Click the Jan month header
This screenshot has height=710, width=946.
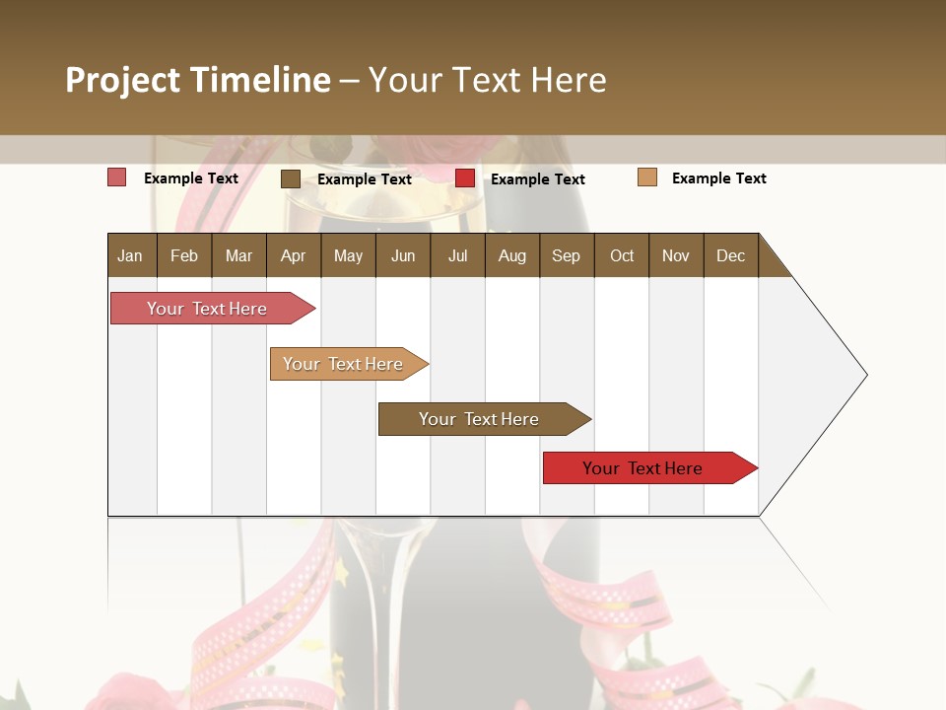coord(130,255)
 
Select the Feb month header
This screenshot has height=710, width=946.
coord(184,255)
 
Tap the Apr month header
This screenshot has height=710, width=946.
coord(293,255)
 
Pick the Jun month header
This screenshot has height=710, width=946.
coord(403,255)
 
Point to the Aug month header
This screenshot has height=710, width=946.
coord(511,255)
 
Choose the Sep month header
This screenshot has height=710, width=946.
coord(566,255)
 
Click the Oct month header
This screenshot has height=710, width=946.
coord(622,255)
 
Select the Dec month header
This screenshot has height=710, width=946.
coord(730,255)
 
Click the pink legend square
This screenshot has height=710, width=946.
coord(117,177)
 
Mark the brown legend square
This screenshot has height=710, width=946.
coord(291,178)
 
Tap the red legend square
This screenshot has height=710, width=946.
coord(465,178)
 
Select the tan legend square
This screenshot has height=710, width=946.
coord(647,177)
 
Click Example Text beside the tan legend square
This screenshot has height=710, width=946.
coord(718,178)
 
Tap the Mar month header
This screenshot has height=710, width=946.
coord(238,255)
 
